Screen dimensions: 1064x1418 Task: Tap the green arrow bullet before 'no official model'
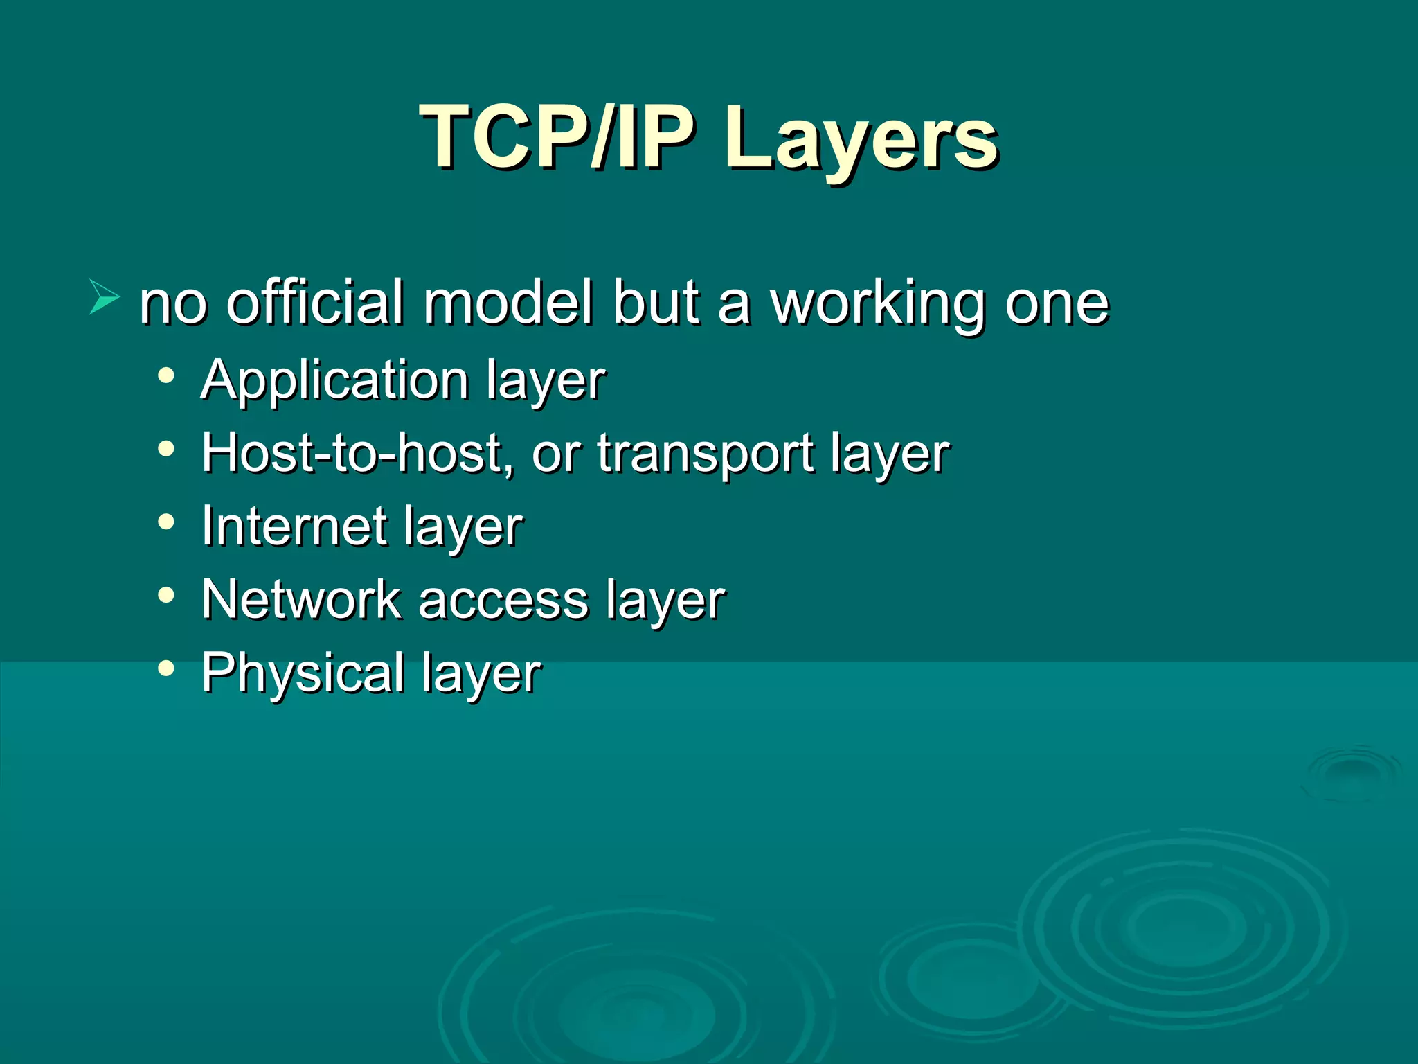[105, 297]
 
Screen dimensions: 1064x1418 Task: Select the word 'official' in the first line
[315, 303]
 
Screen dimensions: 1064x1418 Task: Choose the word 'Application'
[335, 382]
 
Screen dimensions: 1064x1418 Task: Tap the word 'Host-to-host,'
[357, 454]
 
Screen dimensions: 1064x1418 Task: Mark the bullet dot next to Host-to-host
[166, 449]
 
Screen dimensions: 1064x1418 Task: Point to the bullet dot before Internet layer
[166, 522]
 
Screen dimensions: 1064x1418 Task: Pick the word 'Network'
[301, 599]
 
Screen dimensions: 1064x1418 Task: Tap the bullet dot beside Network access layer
[166, 594]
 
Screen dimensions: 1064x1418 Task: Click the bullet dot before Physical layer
[166, 668]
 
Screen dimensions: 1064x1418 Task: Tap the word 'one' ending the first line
[1057, 304]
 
